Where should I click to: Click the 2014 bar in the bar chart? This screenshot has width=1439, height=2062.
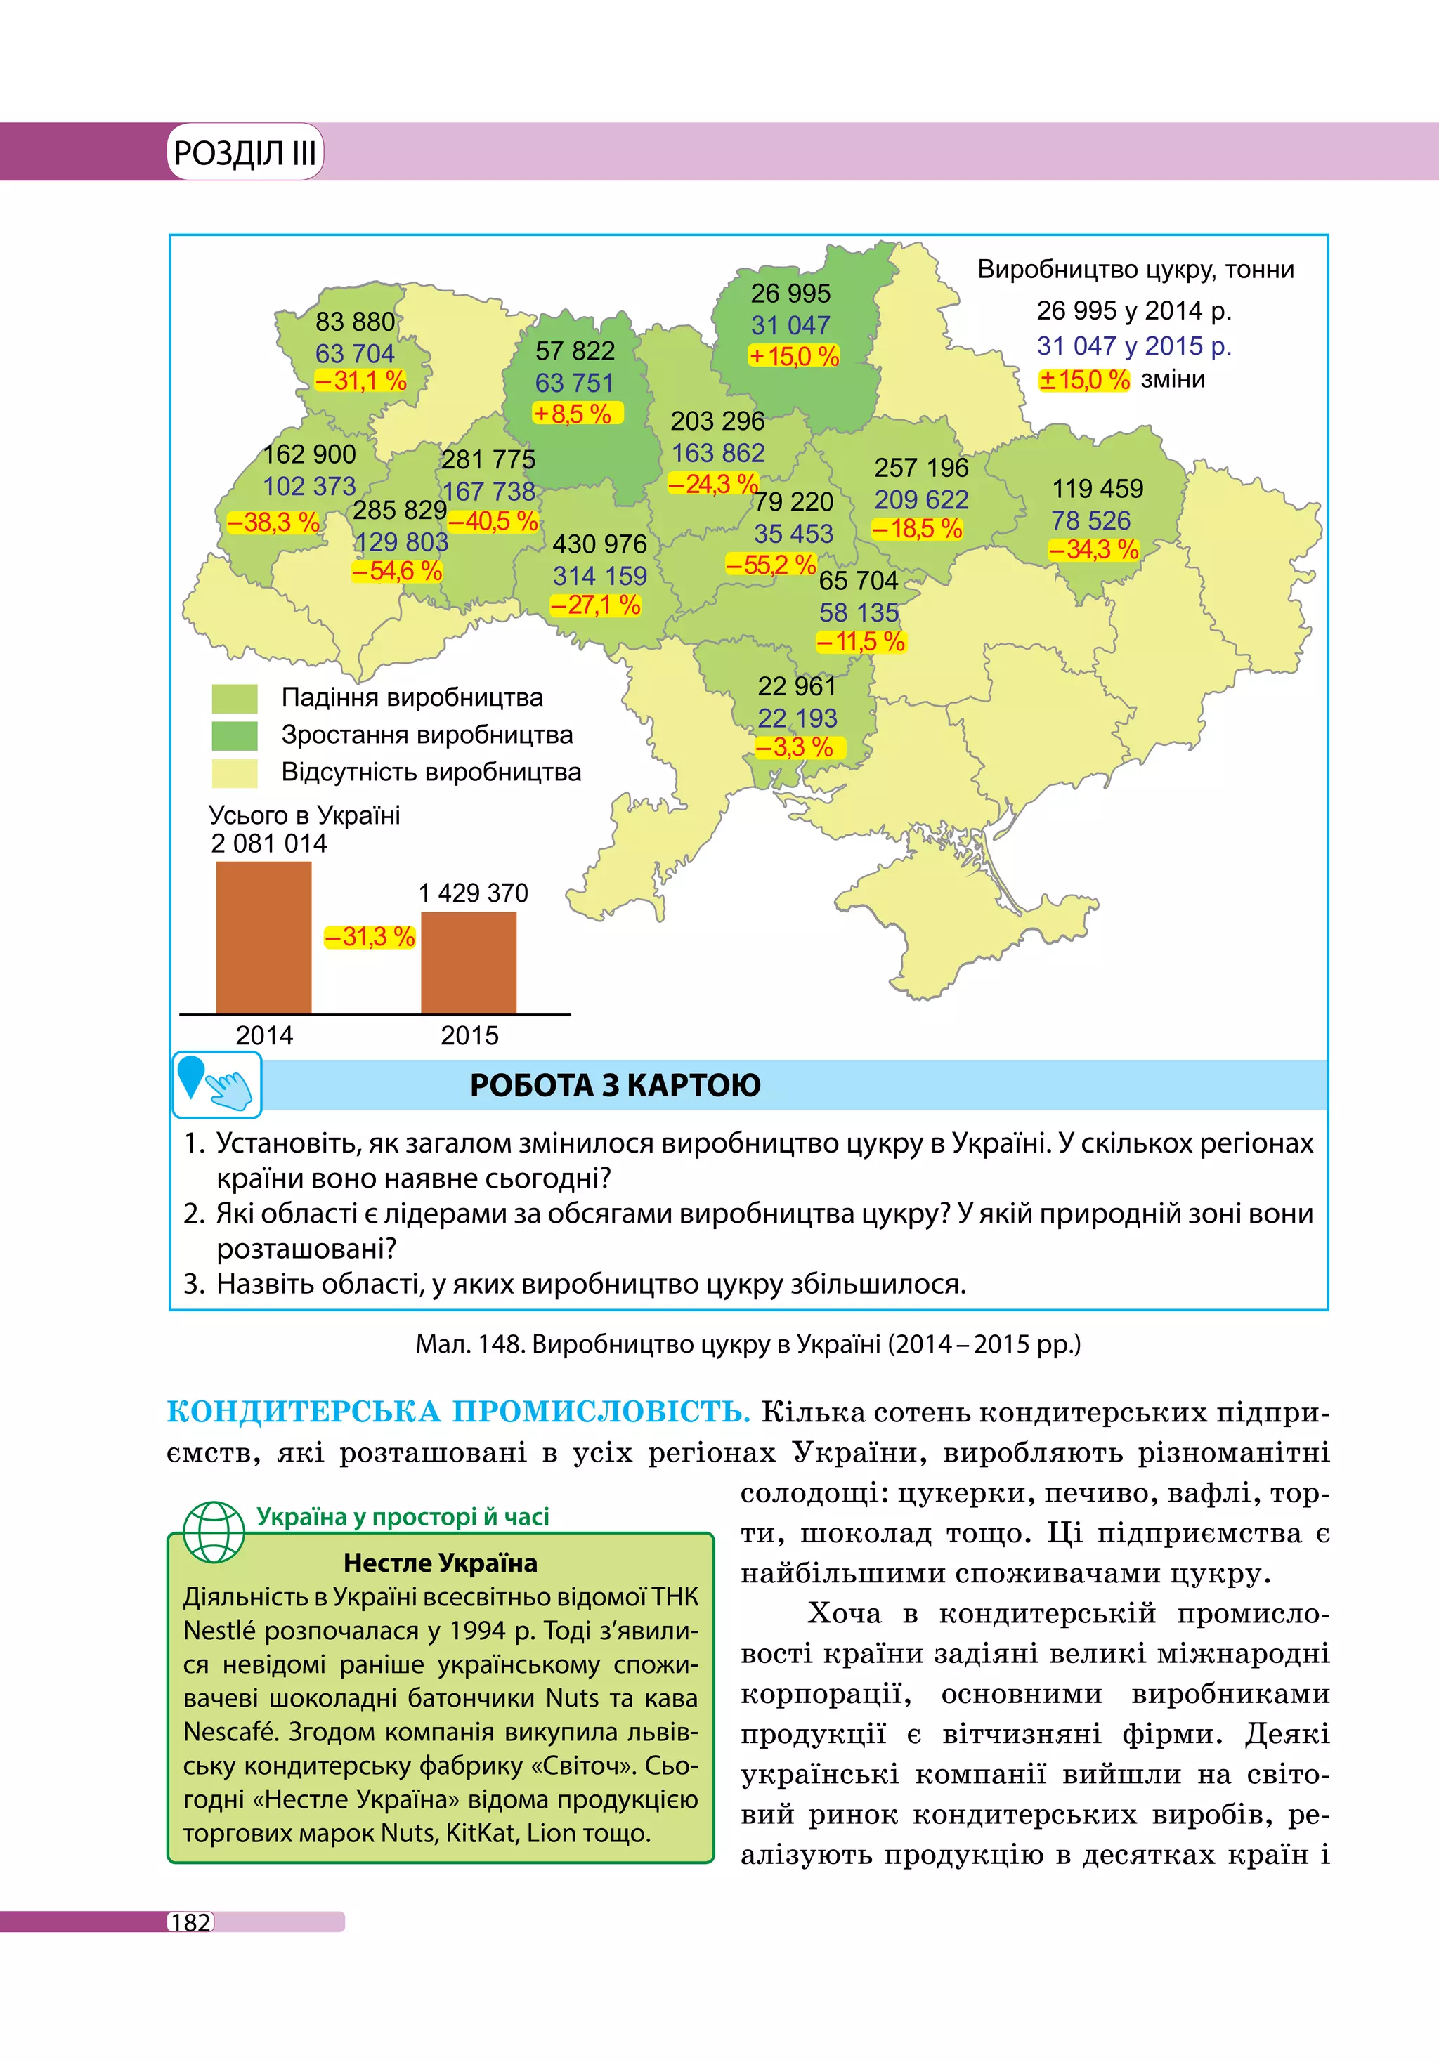(263, 938)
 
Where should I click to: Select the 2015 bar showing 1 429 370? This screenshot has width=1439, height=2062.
(468, 963)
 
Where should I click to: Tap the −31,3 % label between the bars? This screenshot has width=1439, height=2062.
(369, 937)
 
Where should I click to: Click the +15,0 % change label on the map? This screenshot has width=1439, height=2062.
(794, 357)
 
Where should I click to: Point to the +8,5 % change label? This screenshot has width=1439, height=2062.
(572, 414)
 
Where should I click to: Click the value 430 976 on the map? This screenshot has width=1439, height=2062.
(599, 544)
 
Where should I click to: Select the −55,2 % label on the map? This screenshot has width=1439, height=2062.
(771, 565)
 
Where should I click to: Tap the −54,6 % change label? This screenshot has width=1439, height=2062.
(397, 571)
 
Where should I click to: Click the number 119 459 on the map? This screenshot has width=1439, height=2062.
(1098, 489)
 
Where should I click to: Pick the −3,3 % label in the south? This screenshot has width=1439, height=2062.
(794, 747)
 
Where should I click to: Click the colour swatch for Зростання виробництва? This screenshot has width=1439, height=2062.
(235, 735)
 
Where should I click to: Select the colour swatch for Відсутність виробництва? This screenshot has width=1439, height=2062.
(235, 773)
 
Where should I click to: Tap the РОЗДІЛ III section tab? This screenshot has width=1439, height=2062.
(245, 152)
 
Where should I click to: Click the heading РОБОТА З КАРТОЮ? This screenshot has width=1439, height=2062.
(616, 1085)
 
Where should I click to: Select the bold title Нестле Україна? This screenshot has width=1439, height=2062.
(440, 1563)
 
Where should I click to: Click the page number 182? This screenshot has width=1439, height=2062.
(190, 1923)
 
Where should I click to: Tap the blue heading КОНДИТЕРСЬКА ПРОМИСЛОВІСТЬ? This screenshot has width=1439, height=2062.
(458, 1412)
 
